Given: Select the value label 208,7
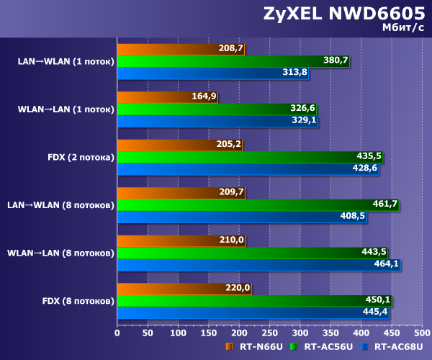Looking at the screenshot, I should [x=230, y=49].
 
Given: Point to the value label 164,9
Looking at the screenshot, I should [x=204, y=96].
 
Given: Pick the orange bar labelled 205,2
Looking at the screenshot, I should [x=179, y=144].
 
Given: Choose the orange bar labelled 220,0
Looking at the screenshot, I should [x=184, y=288].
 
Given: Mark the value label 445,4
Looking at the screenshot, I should [x=375, y=312].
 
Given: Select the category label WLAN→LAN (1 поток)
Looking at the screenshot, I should [x=66, y=109].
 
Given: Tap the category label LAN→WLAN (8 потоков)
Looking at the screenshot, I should [x=60, y=204].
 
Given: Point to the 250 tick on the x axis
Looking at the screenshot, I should [x=269, y=333].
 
